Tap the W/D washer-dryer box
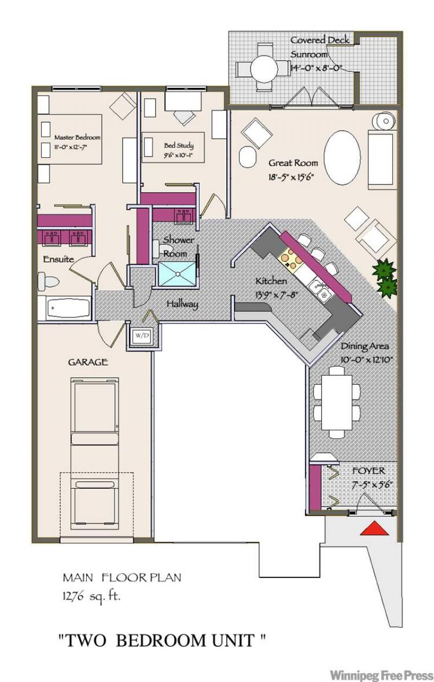coord(143,336)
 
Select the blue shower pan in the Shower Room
coord(177,273)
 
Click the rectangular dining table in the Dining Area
coord(337,403)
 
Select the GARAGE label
coord(88,362)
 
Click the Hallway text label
coord(182,304)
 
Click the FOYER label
coord(368,471)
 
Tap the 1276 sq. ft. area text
coord(92,596)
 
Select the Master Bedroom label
coord(77,137)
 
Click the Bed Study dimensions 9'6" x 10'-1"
coord(179,155)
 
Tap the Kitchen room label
coord(271,281)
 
